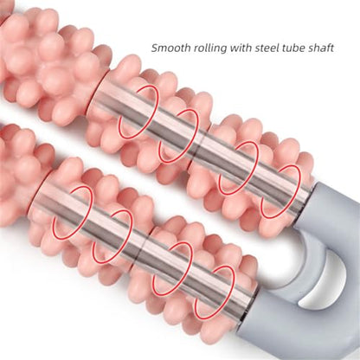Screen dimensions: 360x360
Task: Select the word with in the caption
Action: [241, 48]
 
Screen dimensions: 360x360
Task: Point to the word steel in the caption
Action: [267, 48]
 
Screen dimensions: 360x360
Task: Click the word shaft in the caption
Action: [321, 48]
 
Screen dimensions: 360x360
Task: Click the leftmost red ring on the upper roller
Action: [138, 112]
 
